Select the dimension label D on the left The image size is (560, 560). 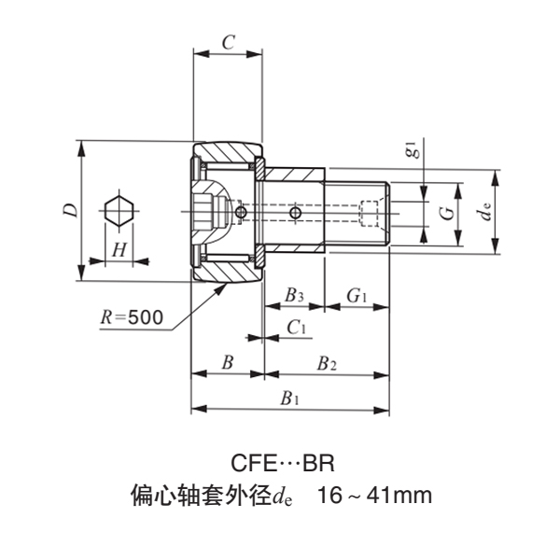[70, 211]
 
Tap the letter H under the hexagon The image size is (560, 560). [119, 249]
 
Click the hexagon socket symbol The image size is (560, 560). [119, 211]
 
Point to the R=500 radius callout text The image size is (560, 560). [132, 316]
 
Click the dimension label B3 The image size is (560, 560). [293, 296]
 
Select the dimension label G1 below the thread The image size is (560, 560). [357, 296]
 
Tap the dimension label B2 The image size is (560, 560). [326, 362]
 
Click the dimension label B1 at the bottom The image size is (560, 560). [290, 398]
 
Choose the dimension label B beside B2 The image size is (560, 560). [227, 362]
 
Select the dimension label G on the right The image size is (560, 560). [447, 213]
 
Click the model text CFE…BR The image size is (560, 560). [280, 463]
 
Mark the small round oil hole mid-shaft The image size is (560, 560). [295, 214]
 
